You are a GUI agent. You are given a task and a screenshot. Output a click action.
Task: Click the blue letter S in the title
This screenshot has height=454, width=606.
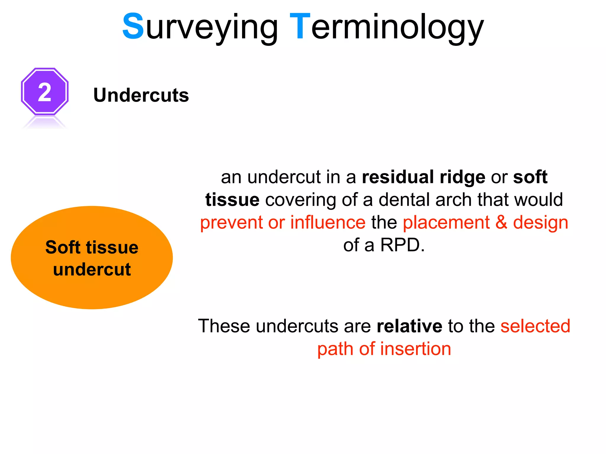pos(133,27)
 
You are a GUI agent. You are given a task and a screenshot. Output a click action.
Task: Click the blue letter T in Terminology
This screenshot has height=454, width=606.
pos(300,27)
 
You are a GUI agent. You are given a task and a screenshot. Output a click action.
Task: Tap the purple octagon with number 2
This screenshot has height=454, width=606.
pos(45,92)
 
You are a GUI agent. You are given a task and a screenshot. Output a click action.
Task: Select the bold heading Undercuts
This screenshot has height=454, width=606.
pos(141,95)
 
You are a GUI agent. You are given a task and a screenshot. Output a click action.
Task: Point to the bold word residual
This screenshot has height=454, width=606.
pos(398,177)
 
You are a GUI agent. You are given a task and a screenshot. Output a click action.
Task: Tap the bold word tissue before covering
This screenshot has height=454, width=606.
pos(232,200)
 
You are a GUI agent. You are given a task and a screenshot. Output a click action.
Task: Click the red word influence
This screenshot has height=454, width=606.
pos(328,222)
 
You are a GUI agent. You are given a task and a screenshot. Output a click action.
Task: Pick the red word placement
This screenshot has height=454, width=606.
pos(446,223)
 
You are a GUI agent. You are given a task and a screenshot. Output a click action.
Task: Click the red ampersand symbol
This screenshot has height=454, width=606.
pos(501,222)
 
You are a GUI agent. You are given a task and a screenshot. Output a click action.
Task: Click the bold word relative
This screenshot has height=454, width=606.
pos(410,326)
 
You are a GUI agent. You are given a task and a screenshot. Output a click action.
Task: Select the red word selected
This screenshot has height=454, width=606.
pos(535,326)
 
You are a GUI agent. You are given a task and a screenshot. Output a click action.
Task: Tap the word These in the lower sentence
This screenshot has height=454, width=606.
pos(224,326)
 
